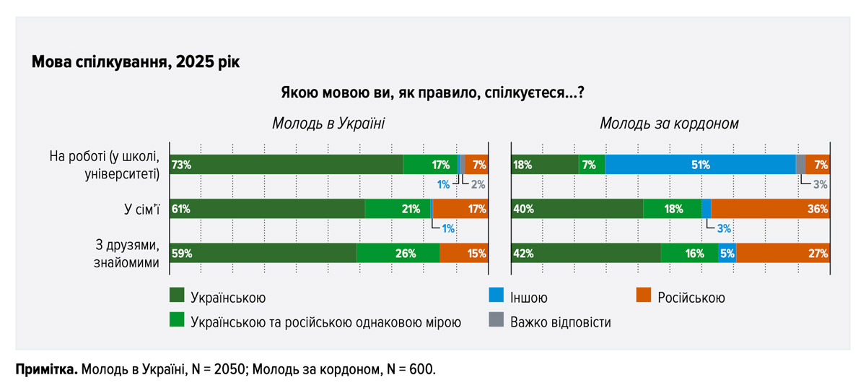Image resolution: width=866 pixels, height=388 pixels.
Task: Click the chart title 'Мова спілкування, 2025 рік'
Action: pyautogui.click(x=136, y=62)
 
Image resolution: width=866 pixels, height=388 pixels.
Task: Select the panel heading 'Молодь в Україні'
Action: pyautogui.click(x=328, y=124)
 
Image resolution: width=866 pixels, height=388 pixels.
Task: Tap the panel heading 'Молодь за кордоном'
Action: pyautogui.click(x=669, y=124)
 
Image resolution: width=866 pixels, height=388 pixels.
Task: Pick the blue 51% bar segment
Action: pyautogui.click(x=699, y=165)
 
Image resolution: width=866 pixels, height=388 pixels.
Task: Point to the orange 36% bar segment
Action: pyautogui.click(x=769, y=209)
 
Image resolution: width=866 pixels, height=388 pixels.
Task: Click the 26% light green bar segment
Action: pyautogui.click(x=398, y=254)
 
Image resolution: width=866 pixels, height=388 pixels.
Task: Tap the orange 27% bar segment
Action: pyautogui.click(x=782, y=254)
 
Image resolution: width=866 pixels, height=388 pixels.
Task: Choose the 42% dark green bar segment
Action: pyautogui.click(x=586, y=254)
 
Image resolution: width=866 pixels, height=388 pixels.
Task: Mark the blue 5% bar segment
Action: pyautogui.click(x=727, y=254)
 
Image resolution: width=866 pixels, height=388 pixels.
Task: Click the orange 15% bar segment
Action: pyautogui.click(x=463, y=254)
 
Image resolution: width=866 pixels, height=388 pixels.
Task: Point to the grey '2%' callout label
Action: pyautogui.click(x=478, y=184)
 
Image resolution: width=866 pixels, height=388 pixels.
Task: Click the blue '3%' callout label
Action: pyautogui.click(x=723, y=228)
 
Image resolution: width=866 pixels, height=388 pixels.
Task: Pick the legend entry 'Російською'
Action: pyautogui.click(x=691, y=298)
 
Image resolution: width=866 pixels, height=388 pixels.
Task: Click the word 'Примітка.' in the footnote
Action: pyautogui.click(x=46, y=369)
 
